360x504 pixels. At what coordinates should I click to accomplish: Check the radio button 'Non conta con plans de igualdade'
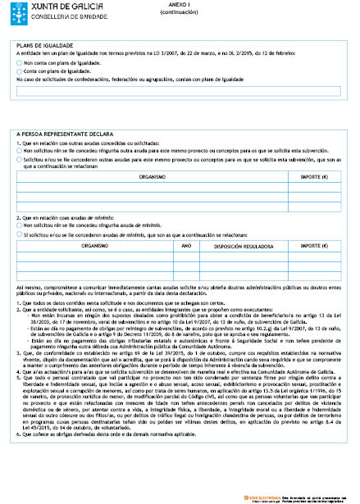click(20, 63)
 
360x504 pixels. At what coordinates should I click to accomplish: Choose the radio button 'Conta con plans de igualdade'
click(20, 71)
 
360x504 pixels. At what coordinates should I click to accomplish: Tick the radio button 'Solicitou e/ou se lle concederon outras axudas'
click(20, 160)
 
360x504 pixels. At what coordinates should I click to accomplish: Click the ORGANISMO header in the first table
click(153, 176)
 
